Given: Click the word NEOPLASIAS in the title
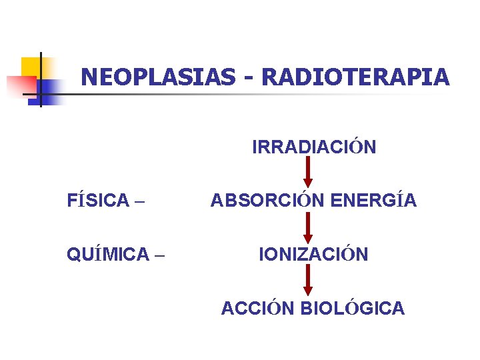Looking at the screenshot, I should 157,77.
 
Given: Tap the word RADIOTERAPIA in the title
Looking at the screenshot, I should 356,77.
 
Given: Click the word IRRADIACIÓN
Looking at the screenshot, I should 314,147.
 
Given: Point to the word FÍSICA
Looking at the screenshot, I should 99,200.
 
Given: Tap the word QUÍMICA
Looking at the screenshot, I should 108,254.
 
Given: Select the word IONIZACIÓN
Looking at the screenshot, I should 313,254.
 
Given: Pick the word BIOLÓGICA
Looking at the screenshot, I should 353,308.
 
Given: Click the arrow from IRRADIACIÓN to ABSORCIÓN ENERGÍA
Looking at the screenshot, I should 307,173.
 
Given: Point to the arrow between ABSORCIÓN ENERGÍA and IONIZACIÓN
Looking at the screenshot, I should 307,227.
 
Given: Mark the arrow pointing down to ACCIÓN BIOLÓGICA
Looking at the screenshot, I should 307,280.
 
